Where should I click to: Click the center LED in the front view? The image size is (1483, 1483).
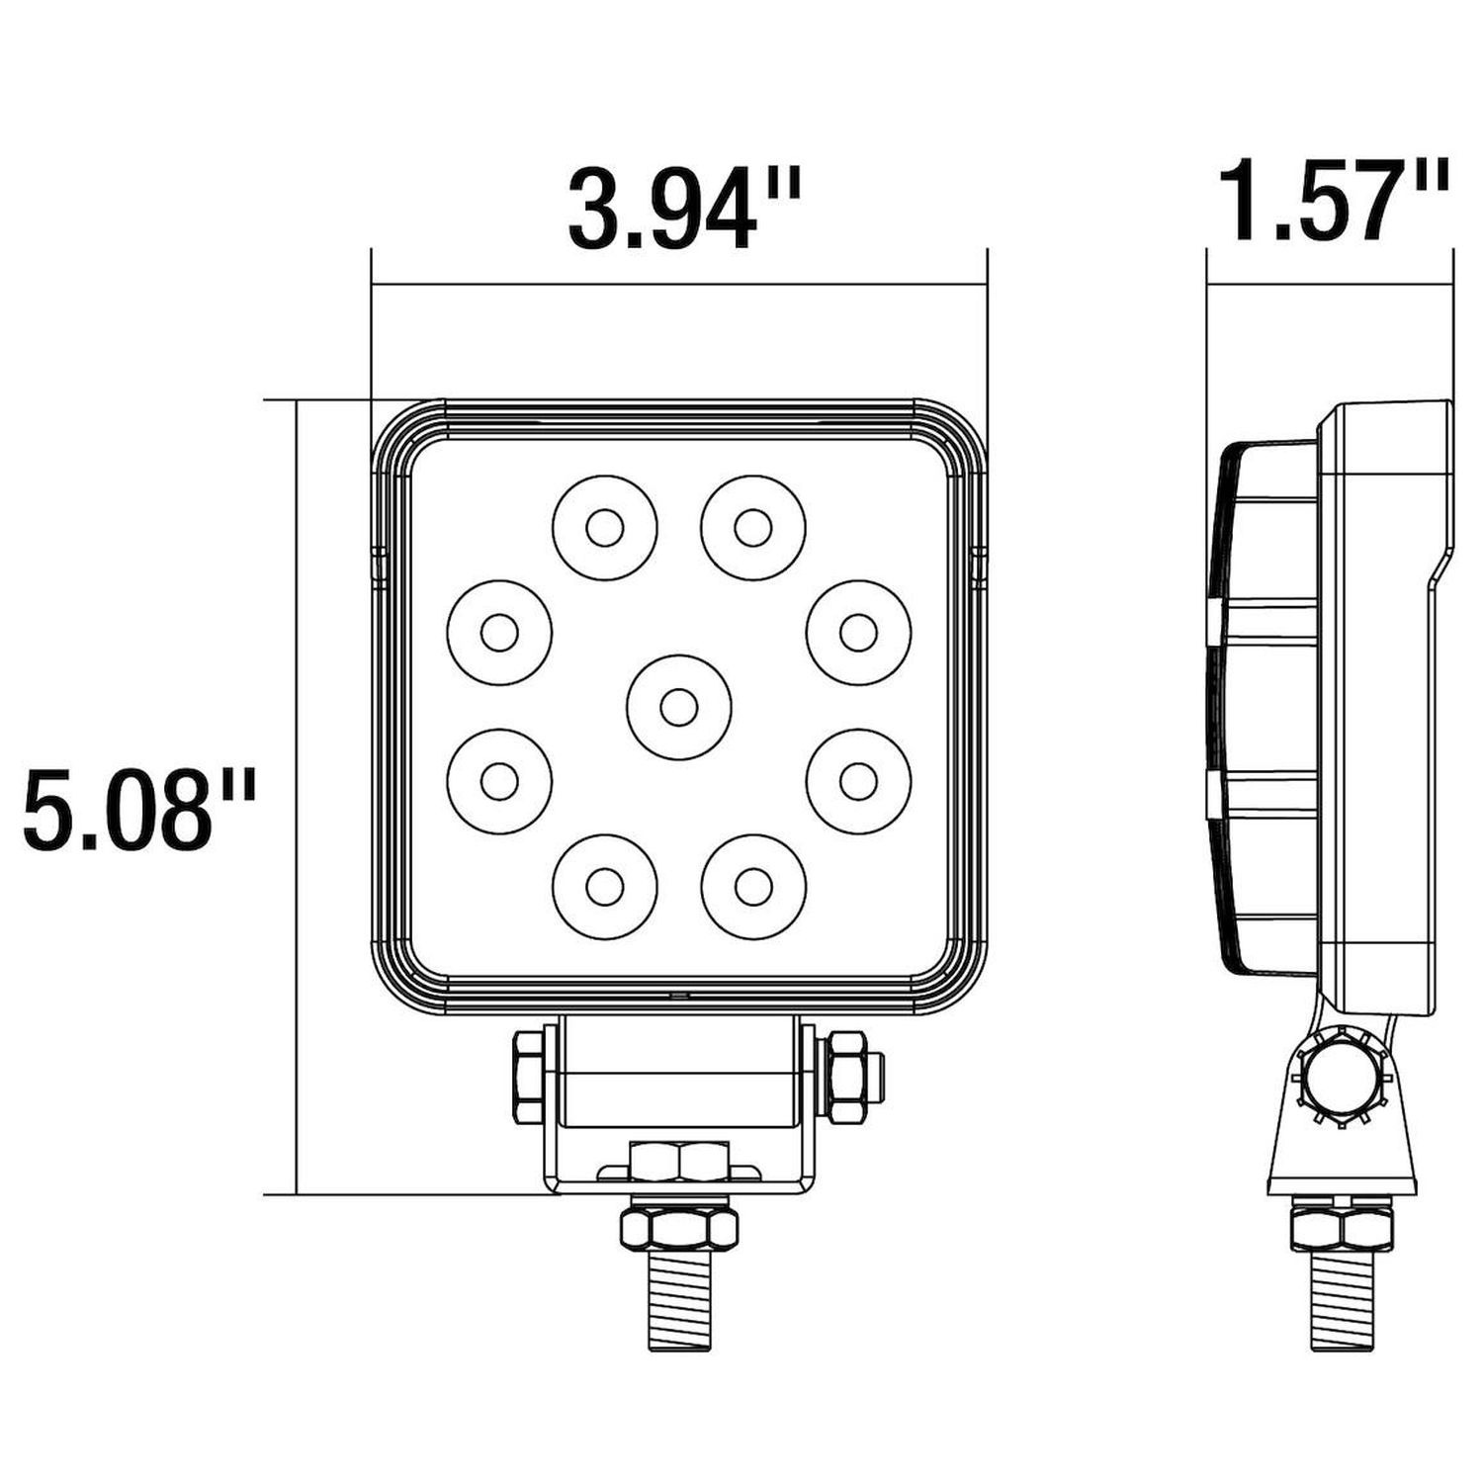pyautogui.click(x=678, y=707)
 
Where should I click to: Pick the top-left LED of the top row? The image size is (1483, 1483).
pyautogui.click(x=604, y=528)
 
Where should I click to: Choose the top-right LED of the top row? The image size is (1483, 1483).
pyautogui.click(x=752, y=528)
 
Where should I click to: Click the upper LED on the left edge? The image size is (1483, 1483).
pyautogui.click(x=499, y=632)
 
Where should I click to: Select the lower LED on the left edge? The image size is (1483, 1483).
pyautogui.click(x=499, y=781)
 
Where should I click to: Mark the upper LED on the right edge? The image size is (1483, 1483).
pyautogui.click(x=857, y=632)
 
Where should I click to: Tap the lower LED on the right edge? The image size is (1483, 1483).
pyautogui.click(x=857, y=781)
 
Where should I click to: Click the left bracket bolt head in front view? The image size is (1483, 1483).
pyautogui.click(x=528, y=1076)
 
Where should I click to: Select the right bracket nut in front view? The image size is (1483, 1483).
pyautogui.click(x=848, y=1076)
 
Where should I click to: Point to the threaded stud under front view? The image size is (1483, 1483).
pyautogui.click(x=678, y=1303)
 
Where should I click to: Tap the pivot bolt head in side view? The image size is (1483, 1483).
pyautogui.click(x=1342, y=1077)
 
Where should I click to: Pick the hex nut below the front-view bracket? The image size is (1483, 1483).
pyautogui.click(x=678, y=1227)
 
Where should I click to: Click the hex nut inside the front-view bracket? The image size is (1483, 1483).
pyautogui.click(x=678, y=1161)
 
